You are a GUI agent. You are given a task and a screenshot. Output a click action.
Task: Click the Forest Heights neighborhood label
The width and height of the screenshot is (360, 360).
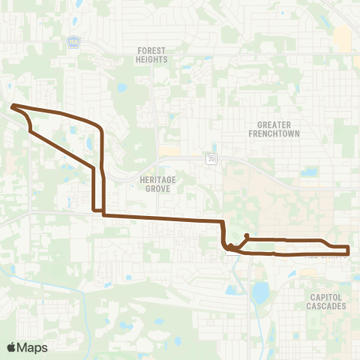(x=151, y=55)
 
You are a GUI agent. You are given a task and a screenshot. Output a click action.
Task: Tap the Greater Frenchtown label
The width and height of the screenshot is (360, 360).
(x=274, y=129)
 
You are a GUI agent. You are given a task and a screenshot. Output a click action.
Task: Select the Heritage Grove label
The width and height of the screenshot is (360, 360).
(x=155, y=184)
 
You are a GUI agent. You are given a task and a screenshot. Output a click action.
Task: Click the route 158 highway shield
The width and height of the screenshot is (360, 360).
(x=93, y=42)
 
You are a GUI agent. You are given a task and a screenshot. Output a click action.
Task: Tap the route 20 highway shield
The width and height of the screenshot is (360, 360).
(x=212, y=158)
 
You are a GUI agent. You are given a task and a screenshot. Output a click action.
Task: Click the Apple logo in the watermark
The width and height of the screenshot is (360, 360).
(x=11, y=347)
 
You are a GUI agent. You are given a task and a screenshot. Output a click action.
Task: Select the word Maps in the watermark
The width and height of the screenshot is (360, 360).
(x=32, y=347)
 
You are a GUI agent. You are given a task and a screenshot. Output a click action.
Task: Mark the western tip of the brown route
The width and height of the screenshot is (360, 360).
(x=13, y=106)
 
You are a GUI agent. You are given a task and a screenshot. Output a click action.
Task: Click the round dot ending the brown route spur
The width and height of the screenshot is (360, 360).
(x=247, y=235)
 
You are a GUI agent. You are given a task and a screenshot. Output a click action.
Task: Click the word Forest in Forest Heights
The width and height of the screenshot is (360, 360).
(x=151, y=51)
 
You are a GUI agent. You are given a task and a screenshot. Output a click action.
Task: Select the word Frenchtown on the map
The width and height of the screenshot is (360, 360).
(x=274, y=133)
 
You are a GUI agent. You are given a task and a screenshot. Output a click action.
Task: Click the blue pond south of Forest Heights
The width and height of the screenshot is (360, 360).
(x=122, y=88)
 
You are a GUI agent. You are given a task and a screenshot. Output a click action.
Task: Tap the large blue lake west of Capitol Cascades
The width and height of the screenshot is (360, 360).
(x=260, y=293)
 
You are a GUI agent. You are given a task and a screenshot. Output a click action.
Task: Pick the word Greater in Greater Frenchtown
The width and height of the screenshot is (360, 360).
(x=274, y=124)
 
